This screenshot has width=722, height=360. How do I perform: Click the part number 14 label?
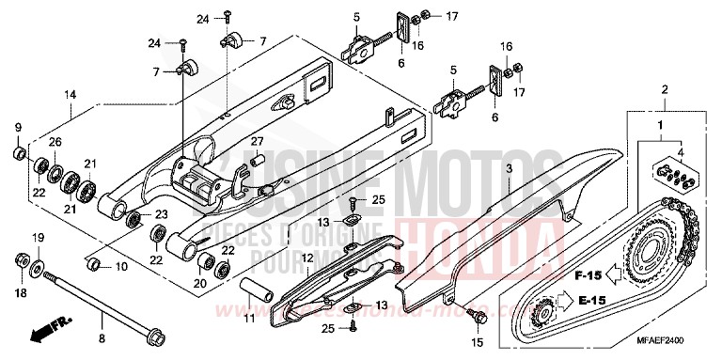70,95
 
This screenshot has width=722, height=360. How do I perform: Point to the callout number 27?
255,141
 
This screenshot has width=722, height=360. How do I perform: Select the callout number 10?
121,267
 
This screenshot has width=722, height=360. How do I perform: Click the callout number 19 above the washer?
39,237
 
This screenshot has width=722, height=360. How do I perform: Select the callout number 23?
161,214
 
